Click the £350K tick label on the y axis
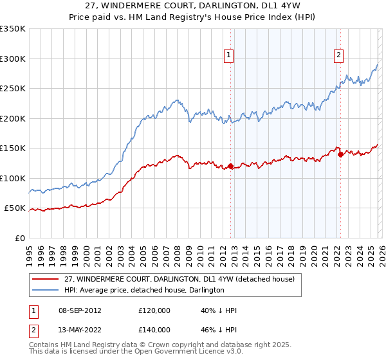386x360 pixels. tap(13, 29)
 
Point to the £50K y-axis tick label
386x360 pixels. tap(15, 208)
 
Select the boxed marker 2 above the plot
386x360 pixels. tap(338, 56)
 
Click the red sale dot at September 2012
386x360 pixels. tap(230, 166)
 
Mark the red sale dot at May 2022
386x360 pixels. tap(340, 154)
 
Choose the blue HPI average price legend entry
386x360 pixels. tap(144, 290)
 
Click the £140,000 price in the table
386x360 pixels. tap(154, 329)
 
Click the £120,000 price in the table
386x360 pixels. tap(154, 310)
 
